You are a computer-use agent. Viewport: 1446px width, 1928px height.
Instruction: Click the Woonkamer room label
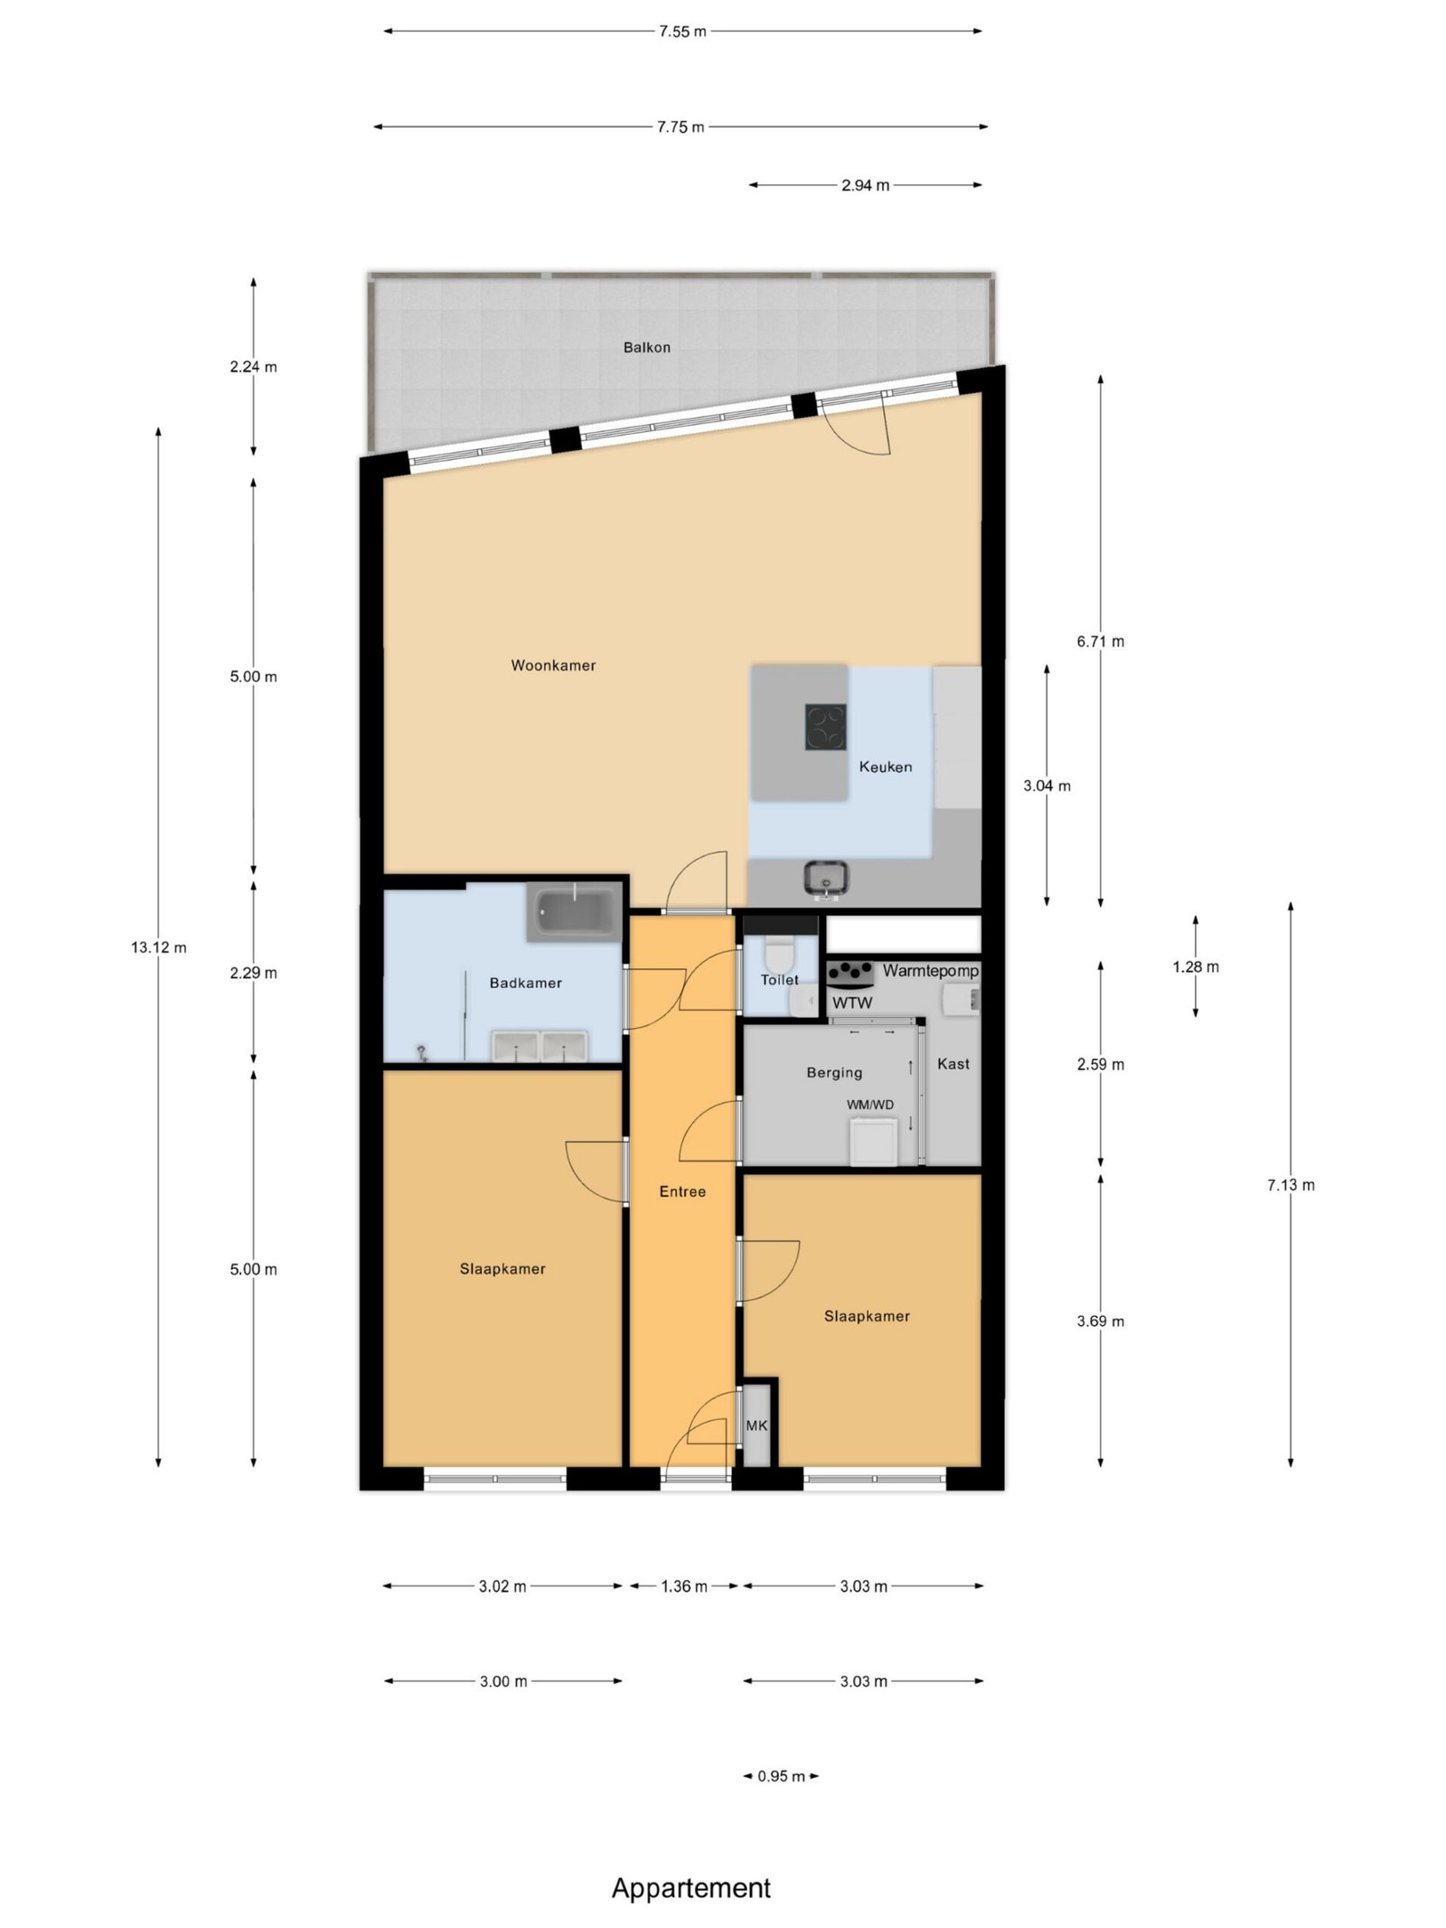point(553,665)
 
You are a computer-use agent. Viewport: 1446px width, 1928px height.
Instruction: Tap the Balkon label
point(647,347)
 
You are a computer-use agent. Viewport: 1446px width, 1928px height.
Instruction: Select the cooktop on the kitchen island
point(826,727)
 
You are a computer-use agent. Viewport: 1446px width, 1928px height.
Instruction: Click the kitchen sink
point(826,879)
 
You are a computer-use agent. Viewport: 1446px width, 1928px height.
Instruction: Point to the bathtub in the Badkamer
point(575,912)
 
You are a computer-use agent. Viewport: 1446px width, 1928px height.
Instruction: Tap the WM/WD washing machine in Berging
point(873,1141)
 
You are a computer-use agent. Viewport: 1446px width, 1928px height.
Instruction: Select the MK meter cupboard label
point(756,1425)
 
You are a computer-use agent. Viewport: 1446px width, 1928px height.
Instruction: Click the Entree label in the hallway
point(682,1191)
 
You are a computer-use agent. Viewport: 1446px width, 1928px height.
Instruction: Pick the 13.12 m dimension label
point(159,947)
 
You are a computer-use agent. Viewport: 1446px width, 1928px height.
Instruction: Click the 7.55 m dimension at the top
point(682,32)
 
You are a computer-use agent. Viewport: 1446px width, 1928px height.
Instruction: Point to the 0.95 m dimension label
point(781,1776)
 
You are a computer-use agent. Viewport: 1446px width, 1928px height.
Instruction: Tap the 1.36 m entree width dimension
point(684,1586)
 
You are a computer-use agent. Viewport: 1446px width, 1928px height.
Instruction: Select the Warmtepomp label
point(931,971)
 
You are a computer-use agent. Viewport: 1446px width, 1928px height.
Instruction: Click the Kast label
point(953,1064)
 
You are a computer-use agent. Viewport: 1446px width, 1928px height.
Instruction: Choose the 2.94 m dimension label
point(866,185)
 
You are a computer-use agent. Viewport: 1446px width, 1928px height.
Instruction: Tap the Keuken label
point(886,766)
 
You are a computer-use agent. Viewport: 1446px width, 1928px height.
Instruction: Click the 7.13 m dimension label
point(1291,1185)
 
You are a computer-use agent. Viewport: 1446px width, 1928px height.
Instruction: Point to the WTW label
point(852,1002)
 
